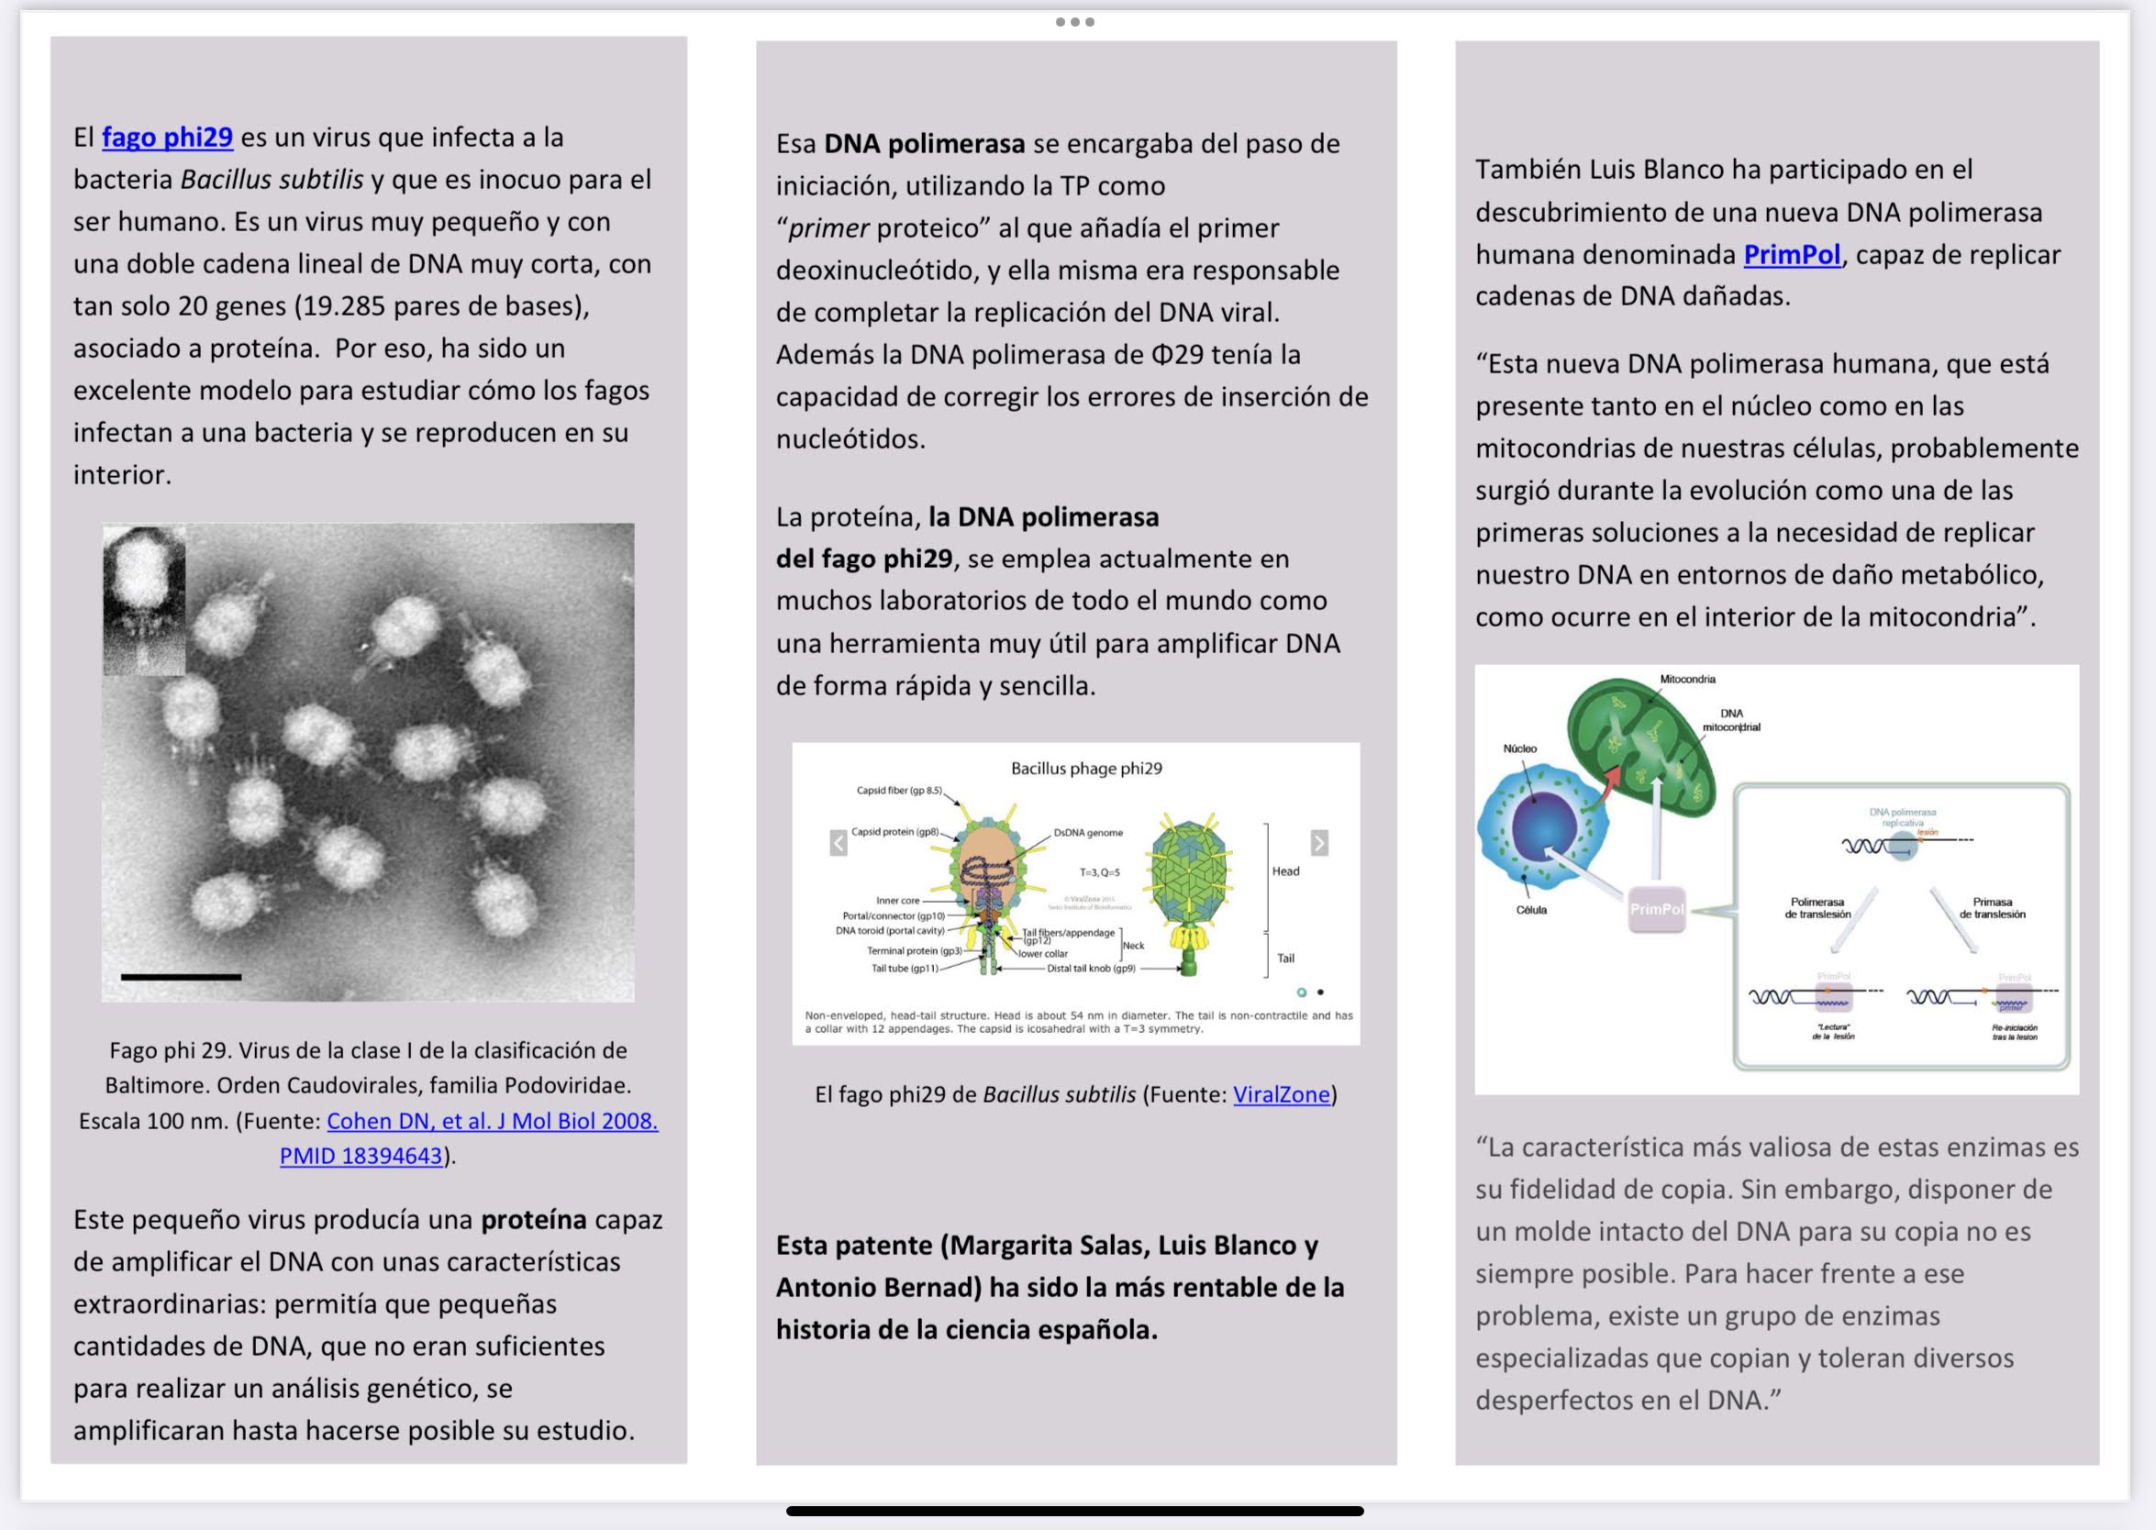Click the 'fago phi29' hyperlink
point(167,138)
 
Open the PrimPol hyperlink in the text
point(1792,254)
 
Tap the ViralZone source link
point(1281,1093)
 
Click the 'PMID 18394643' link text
point(361,1155)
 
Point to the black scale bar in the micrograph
point(181,977)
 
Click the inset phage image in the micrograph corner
point(144,600)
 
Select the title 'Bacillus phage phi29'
point(1085,768)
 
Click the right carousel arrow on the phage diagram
point(1319,842)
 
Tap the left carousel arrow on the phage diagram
point(838,842)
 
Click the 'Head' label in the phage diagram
point(1285,871)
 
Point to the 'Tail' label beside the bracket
point(1285,959)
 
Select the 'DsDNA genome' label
point(1087,833)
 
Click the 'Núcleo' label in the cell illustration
point(1519,749)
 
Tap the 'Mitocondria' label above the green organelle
point(1687,680)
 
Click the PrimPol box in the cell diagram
point(1657,909)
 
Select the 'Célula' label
point(1530,910)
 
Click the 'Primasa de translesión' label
point(1992,908)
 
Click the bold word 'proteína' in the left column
point(533,1219)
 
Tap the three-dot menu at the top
point(1074,22)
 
